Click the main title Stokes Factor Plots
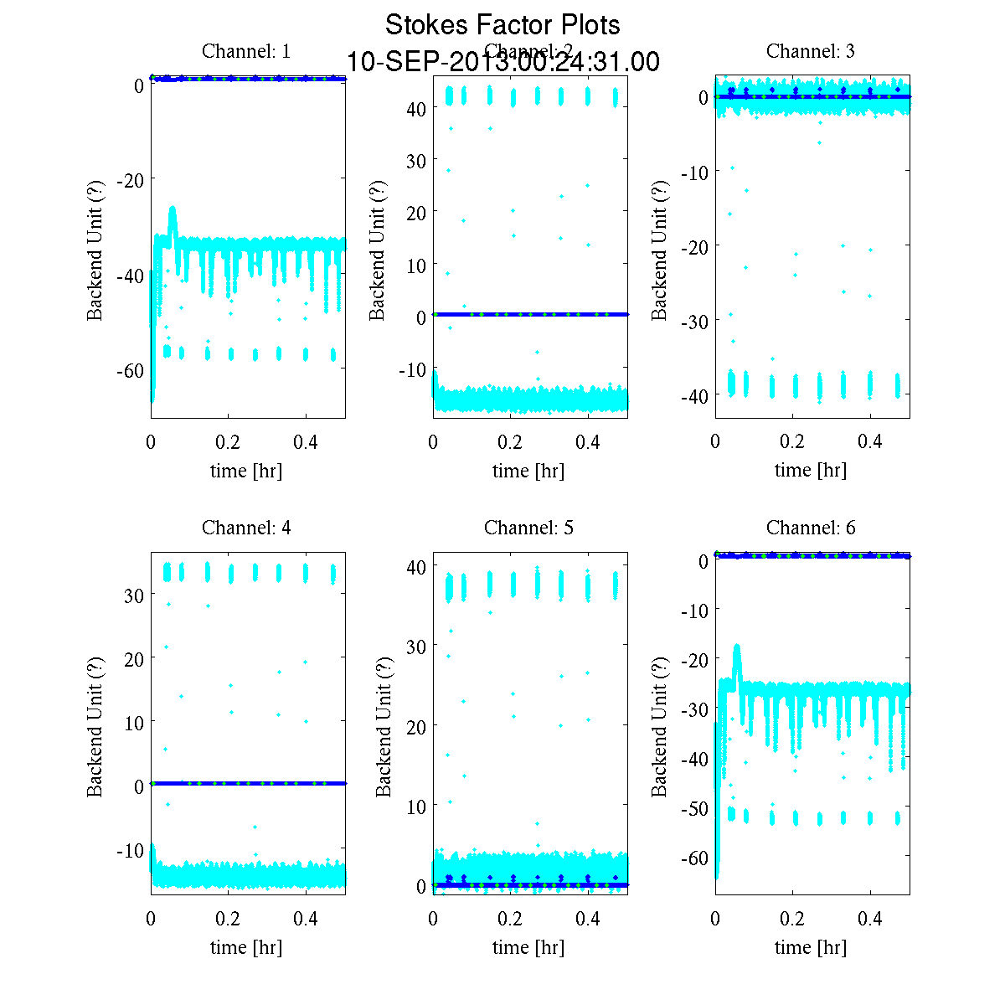[x=502, y=25]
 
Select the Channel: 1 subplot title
[x=246, y=51]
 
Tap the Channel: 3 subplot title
[x=811, y=51]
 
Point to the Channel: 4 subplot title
[x=246, y=528]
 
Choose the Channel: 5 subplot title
[x=528, y=528]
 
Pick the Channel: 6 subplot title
[x=811, y=528]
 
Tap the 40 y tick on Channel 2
[x=416, y=108]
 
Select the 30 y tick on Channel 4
[x=134, y=595]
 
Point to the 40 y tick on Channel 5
[x=416, y=566]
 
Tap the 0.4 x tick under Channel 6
[x=870, y=919]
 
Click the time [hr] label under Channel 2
[x=528, y=471]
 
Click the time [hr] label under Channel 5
[x=528, y=947]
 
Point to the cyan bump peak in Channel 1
[x=173, y=209]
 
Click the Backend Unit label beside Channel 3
[x=659, y=250]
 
